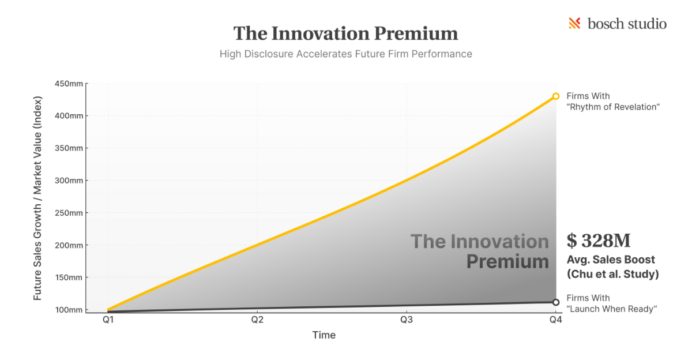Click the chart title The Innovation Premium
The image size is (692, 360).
point(345,33)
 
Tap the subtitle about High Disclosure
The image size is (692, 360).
point(345,54)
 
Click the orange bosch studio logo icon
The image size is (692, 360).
point(574,24)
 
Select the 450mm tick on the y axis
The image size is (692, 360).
point(69,84)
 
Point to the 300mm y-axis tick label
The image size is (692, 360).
point(69,181)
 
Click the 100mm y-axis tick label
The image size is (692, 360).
point(69,310)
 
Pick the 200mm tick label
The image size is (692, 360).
point(69,245)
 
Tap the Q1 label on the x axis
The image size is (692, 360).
point(108,320)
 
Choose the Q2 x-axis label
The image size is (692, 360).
point(257,320)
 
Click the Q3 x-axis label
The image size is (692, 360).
point(406,320)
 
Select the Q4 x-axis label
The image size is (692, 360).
point(555,320)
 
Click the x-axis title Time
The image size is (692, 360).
point(324,335)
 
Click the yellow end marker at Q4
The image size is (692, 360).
point(555,96)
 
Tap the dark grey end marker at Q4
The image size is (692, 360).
point(555,302)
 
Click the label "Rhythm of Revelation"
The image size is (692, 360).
point(612,107)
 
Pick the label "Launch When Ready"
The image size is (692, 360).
point(612,309)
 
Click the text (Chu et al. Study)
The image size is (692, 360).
point(612,275)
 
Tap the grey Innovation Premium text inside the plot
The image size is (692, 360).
point(480,251)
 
